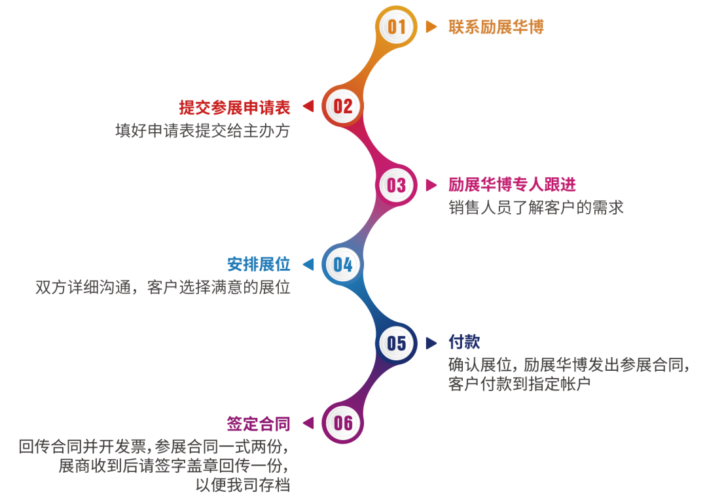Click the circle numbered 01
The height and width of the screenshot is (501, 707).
(x=397, y=27)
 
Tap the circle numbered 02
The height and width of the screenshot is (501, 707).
(x=342, y=106)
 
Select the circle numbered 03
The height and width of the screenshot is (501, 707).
(x=397, y=185)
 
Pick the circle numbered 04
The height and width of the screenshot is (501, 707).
(x=342, y=264)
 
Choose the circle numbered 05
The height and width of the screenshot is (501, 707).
(x=397, y=343)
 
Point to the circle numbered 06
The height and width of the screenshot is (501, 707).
(x=342, y=423)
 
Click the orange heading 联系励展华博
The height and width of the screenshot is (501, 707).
(x=496, y=27)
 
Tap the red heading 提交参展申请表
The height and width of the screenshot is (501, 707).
(x=234, y=107)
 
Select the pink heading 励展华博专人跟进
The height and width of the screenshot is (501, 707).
(x=512, y=185)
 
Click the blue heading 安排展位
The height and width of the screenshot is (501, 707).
(x=259, y=264)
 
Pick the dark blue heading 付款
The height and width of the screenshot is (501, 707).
(x=464, y=342)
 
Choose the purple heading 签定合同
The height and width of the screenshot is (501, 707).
(x=259, y=423)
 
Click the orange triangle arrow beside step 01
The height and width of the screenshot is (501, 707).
(x=431, y=27)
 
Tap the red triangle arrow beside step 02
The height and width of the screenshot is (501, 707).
(x=308, y=106)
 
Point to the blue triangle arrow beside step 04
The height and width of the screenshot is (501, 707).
(x=308, y=264)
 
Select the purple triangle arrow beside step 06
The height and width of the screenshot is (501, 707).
(x=308, y=423)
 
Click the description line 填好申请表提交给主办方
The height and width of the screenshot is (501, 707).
(x=202, y=131)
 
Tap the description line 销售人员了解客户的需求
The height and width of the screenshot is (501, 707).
(x=536, y=208)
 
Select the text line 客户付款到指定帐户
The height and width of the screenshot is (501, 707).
(x=520, y=383)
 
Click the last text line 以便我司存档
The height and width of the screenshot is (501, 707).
(x=243, y=485)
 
